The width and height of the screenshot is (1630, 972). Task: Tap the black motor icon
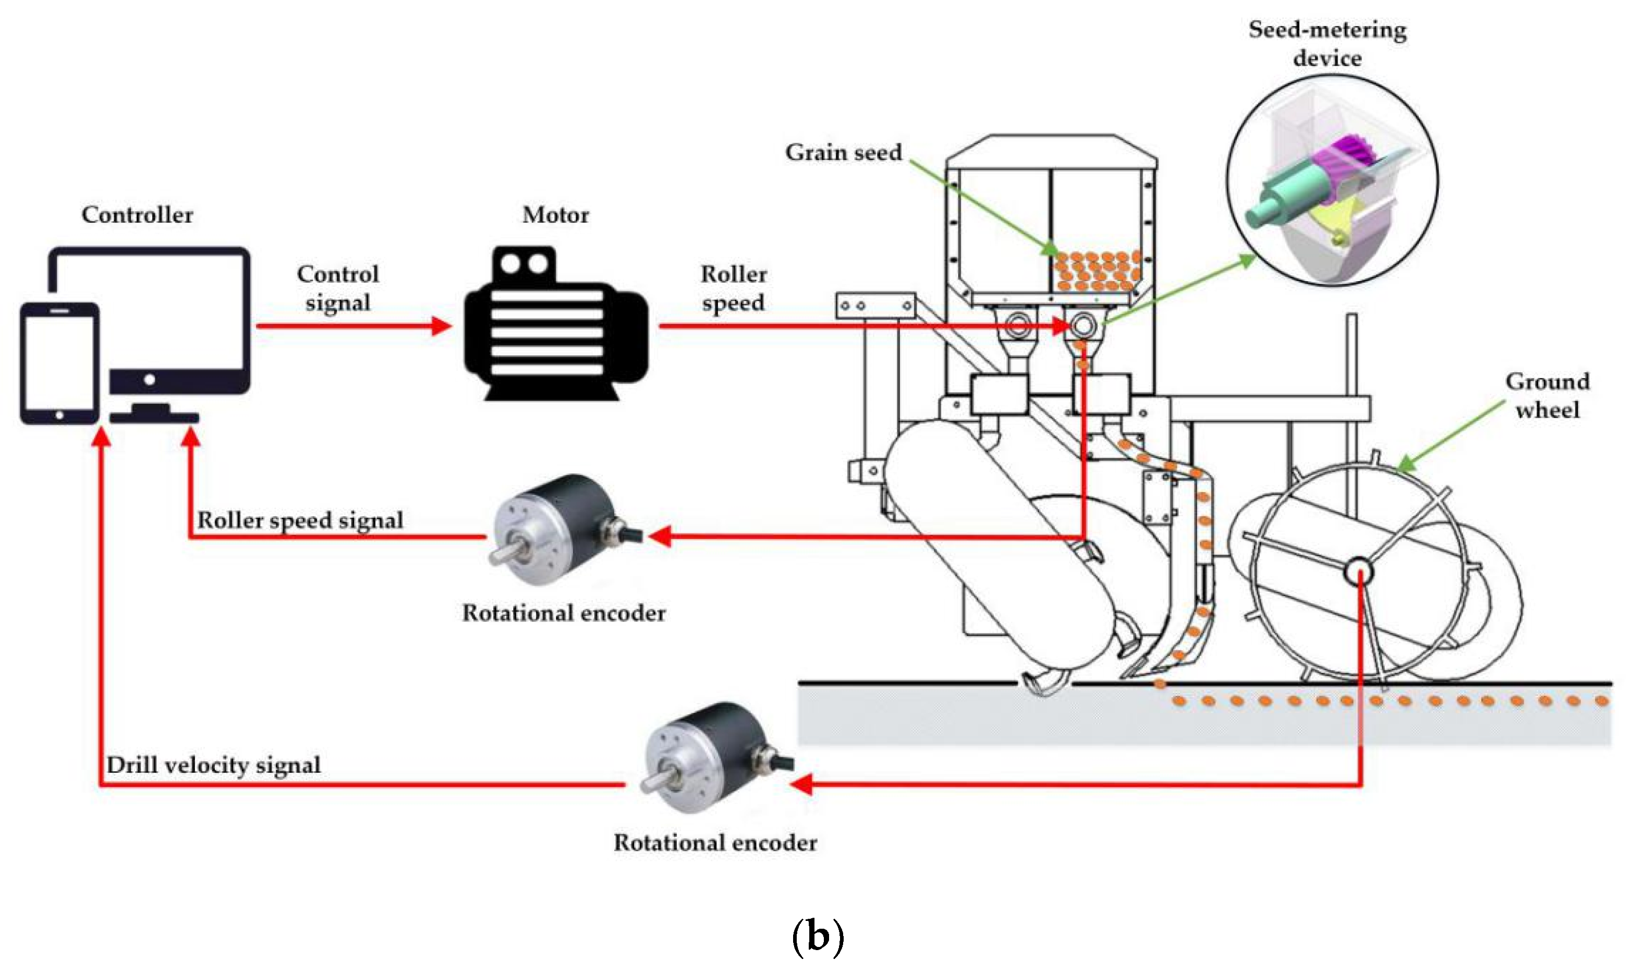(555, 324)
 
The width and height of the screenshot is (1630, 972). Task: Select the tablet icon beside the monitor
(59, 363)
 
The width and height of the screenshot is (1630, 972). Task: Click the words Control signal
(338, 288)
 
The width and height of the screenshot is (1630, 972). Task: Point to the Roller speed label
(734, 288)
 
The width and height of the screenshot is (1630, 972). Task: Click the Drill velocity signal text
(213, 765)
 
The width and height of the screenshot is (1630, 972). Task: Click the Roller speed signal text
(300, 520)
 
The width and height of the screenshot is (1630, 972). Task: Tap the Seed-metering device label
(1327, 44)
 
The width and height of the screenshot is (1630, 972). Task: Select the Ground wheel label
(1547, 396)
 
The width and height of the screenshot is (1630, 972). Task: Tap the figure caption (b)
(817, 937)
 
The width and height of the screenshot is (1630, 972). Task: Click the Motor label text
(555, 215)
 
